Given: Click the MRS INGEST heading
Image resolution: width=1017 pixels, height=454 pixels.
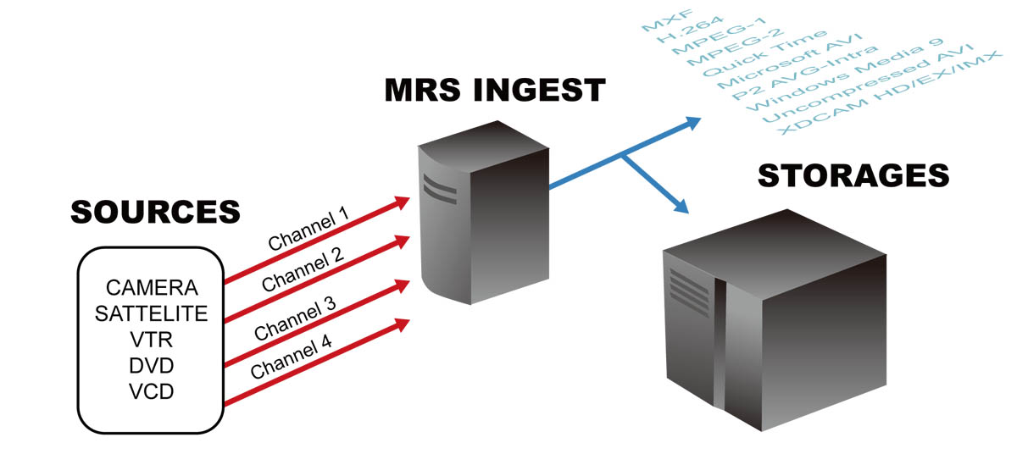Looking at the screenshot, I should [x=495, y=90].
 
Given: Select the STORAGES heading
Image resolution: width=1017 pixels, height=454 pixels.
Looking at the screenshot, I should [x=853, y=176].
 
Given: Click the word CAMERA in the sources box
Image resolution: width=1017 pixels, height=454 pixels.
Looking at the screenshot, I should [x=152, y=288].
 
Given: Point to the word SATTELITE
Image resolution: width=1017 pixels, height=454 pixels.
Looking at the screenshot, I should [x=152, y=314].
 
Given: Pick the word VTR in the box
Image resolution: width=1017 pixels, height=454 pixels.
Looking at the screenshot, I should [x=152, y=340].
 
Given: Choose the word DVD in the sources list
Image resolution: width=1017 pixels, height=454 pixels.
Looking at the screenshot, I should [x=152, y=366].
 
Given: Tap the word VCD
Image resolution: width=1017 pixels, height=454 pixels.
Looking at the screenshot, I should [x=152, y=392].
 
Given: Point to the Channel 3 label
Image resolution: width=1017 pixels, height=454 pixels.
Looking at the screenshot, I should [x=295, y=315].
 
